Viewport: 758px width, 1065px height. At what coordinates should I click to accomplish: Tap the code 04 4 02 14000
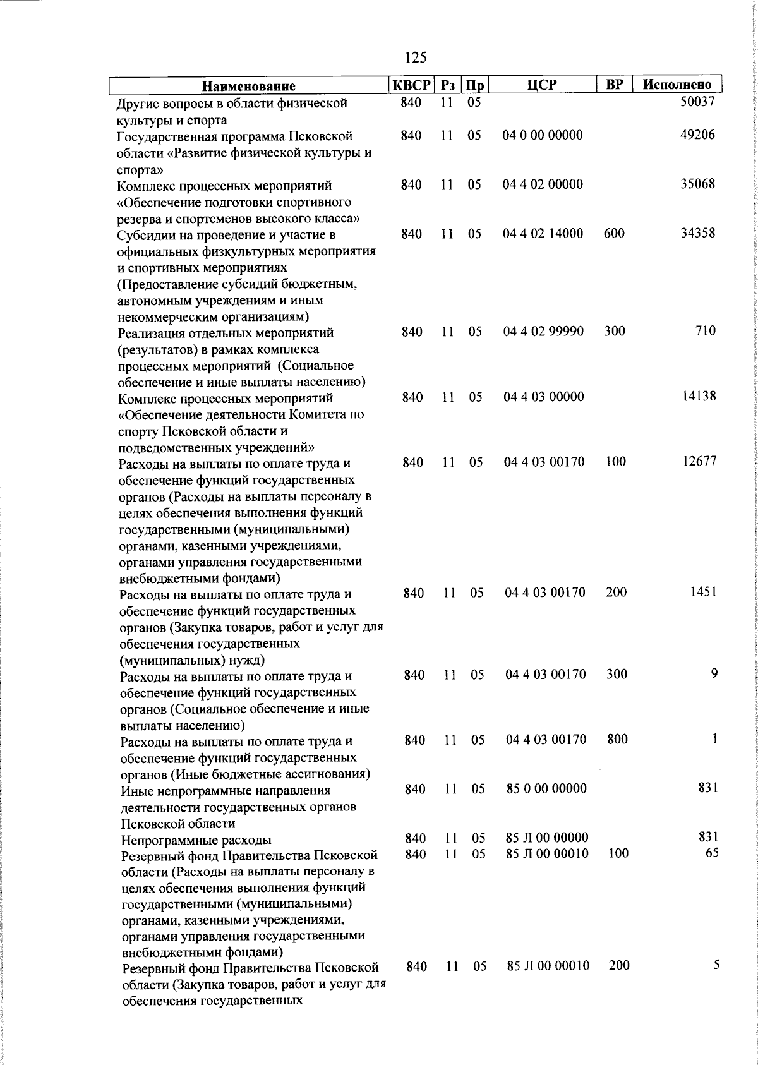pyautogui.click(x=543, y=233)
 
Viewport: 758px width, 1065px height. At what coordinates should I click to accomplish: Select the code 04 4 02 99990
pyautogui.click(x=543, y=331)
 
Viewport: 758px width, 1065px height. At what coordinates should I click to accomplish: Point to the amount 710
pyautogui.click(x=706, y=331)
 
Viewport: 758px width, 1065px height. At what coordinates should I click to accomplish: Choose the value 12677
pyautogui.click(x=699, y=462)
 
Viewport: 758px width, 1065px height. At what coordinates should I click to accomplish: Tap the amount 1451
pyautogui.click(x=702, y=593)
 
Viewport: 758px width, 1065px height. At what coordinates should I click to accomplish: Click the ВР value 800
pyautogui.click(x=617, y=739)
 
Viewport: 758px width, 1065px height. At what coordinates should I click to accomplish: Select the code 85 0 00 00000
pyautogui.click(x=546, y=788)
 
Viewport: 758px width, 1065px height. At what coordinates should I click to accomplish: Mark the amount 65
pyautogui.click(x=711, y=853)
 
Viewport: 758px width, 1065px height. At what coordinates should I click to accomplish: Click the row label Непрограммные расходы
pyautogui.click(x=196, y=840)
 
